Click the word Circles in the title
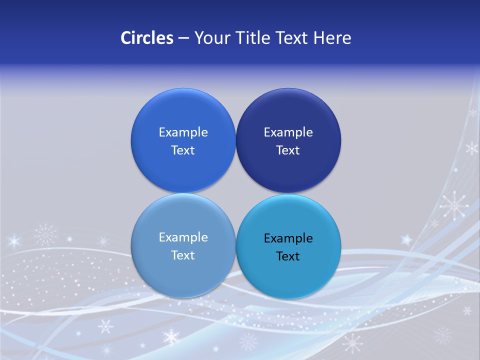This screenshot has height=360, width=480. [147, 38]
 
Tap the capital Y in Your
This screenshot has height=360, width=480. [198, 38]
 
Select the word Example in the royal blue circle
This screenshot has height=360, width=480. [183, 132]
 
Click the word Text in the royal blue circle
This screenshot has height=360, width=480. [183, 150]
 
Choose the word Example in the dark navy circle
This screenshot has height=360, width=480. [288, 132]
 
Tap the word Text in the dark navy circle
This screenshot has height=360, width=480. [288, 150]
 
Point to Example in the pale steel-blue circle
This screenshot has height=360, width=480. [183, 237]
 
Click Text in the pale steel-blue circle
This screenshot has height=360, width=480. [183, 255]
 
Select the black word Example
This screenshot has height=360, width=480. [288, 238]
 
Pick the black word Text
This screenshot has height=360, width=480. [288, 256]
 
